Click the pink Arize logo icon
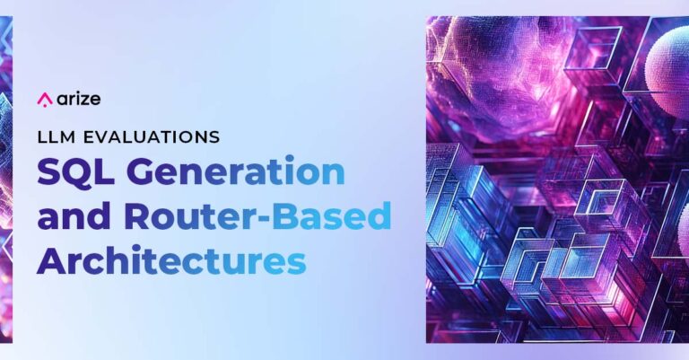coord(44,100)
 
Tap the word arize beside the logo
coord(79,100)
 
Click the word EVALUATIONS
coord(151,137)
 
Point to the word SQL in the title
coord(75,171)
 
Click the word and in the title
coord(74,215)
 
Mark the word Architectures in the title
coord(171,259)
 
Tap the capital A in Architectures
coord(52,260)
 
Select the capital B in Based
coord(284,215)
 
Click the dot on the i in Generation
coord(289,160)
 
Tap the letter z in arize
coord(83,101)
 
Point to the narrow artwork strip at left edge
coord(6,180)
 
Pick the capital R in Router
coord(138,216)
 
